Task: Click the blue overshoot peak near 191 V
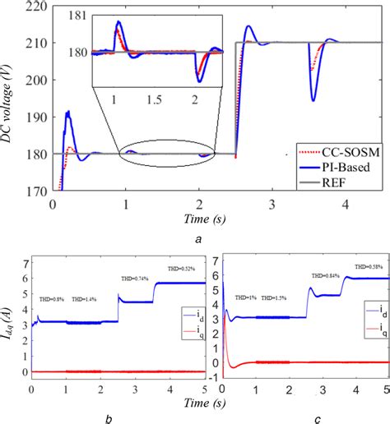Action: (x=68, y=111)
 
